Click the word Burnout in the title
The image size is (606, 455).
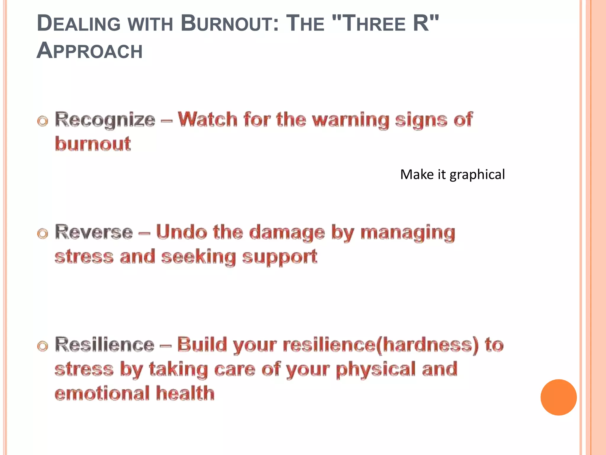[230, 24]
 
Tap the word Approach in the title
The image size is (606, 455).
[90, 51]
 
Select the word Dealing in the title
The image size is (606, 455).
[79, 24]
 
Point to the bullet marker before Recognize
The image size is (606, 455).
[43, 121]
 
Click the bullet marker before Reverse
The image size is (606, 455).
[43, 234]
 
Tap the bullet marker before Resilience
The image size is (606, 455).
[43, 346]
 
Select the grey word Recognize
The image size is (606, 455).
[105, 120]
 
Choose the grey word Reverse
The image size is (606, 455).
[94, 232]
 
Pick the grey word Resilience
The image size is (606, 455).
[105, 345]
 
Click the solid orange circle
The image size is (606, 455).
[558, 397]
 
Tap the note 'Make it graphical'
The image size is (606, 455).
[452, 174]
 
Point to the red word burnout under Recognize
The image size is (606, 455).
[93, 144]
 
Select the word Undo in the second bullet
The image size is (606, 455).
[181, 232]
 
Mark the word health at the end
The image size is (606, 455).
[185, 393]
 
